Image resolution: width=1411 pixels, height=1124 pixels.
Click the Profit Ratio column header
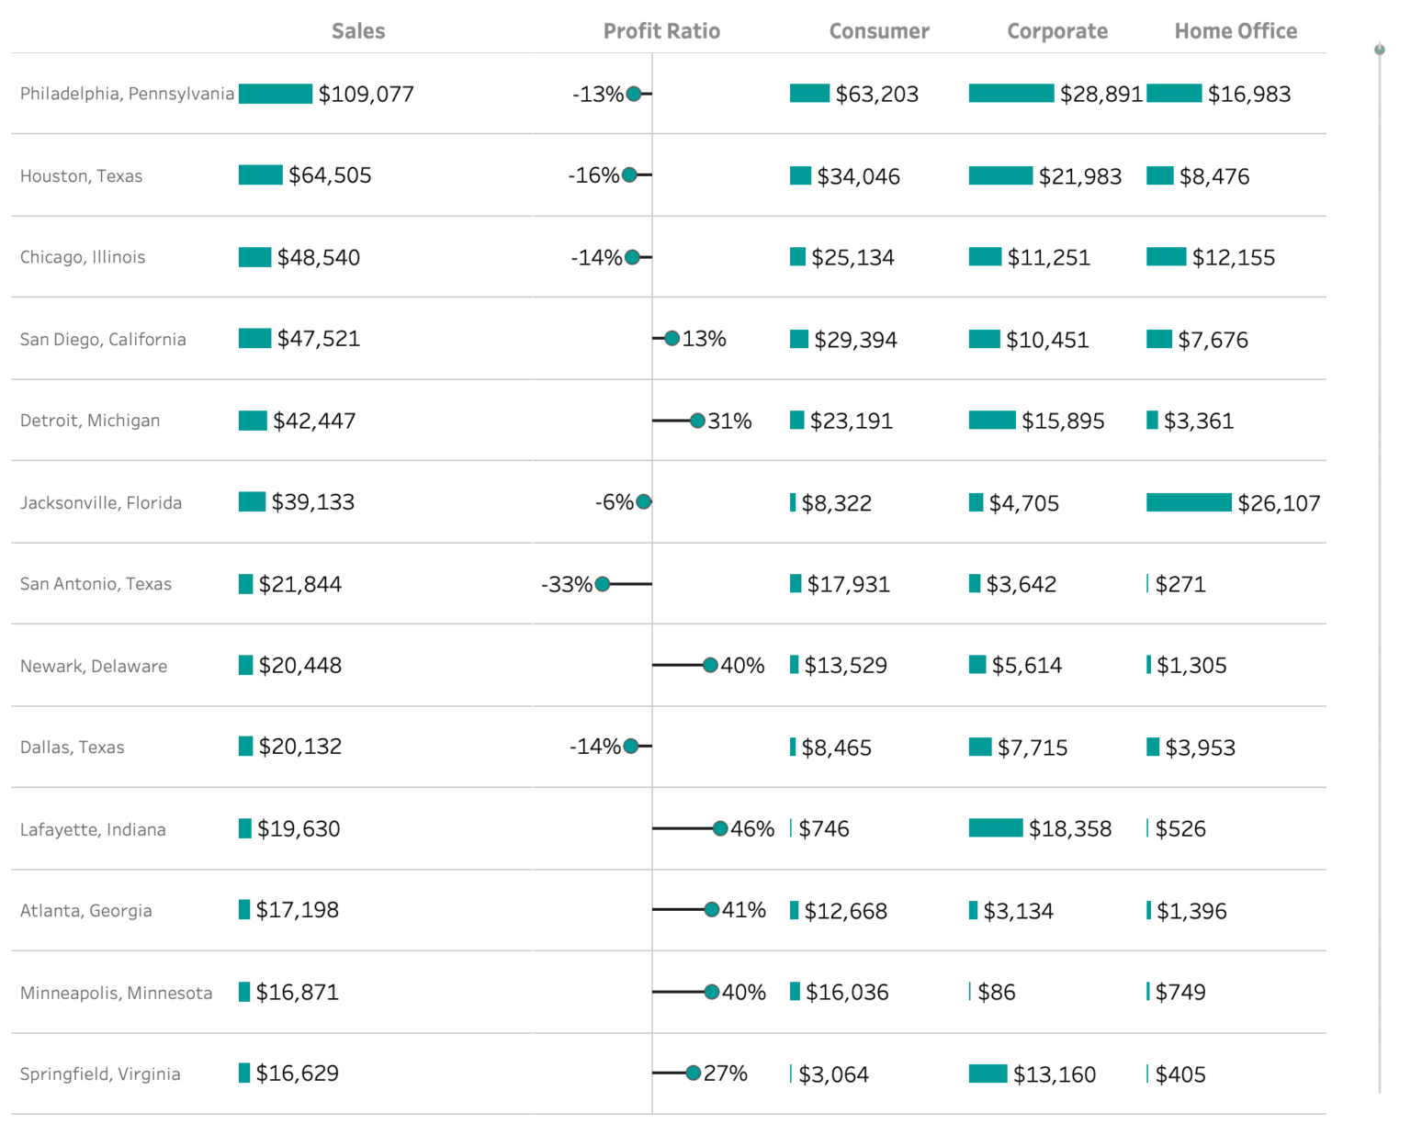[661, 31]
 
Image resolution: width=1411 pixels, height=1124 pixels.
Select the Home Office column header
[1236, 31]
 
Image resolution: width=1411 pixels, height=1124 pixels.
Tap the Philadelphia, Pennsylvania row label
[127, 94]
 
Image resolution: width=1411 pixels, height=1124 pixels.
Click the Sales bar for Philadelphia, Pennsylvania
[275, 94]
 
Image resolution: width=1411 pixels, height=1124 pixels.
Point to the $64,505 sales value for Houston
[330, 175]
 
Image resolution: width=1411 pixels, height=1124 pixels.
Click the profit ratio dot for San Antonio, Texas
[603, 584]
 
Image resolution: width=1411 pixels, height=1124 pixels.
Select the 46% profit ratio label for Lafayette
[752, 829]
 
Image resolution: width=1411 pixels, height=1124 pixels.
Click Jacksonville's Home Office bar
[1189, 502]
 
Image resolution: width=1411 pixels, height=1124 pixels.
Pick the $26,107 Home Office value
[1279, 503]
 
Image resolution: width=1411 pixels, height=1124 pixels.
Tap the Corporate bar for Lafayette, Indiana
[995, 828]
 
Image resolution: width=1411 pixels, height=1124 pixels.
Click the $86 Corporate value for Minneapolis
[997, 993]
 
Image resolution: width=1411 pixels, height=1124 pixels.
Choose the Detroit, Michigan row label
[90, 421]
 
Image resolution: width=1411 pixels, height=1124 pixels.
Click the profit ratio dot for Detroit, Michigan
[697, 421]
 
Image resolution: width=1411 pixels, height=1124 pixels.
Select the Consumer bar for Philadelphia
[809, 94]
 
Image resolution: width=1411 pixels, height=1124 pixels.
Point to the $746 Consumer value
[824, 829]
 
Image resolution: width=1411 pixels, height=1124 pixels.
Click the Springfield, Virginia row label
[100, 1074]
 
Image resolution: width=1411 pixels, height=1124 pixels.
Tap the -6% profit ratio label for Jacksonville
[614, 502]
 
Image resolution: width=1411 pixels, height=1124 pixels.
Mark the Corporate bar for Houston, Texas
[1000, 175]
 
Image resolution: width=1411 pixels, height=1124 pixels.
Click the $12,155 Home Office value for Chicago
[1233, 258]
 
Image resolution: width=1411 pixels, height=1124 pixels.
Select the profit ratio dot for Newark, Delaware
[710, 665]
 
